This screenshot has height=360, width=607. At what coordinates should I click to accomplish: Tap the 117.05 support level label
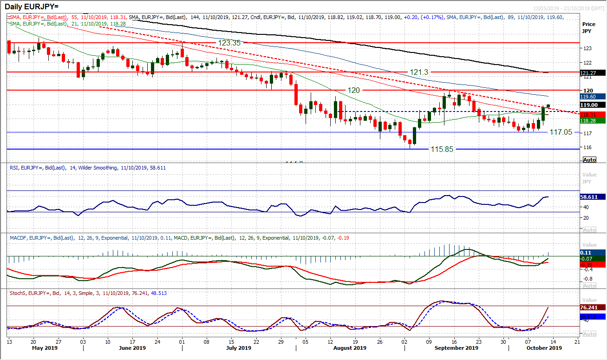click(x=561, y=132)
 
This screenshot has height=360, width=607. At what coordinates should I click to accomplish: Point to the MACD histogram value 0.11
click(x=588, y=253)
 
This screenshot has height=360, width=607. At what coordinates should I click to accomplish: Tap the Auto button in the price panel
click(x=589, y=160)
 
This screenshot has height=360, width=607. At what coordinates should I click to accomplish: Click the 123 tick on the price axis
click(x=587, y=48)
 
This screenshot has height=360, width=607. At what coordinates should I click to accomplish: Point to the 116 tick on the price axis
click(x=587, y=147)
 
